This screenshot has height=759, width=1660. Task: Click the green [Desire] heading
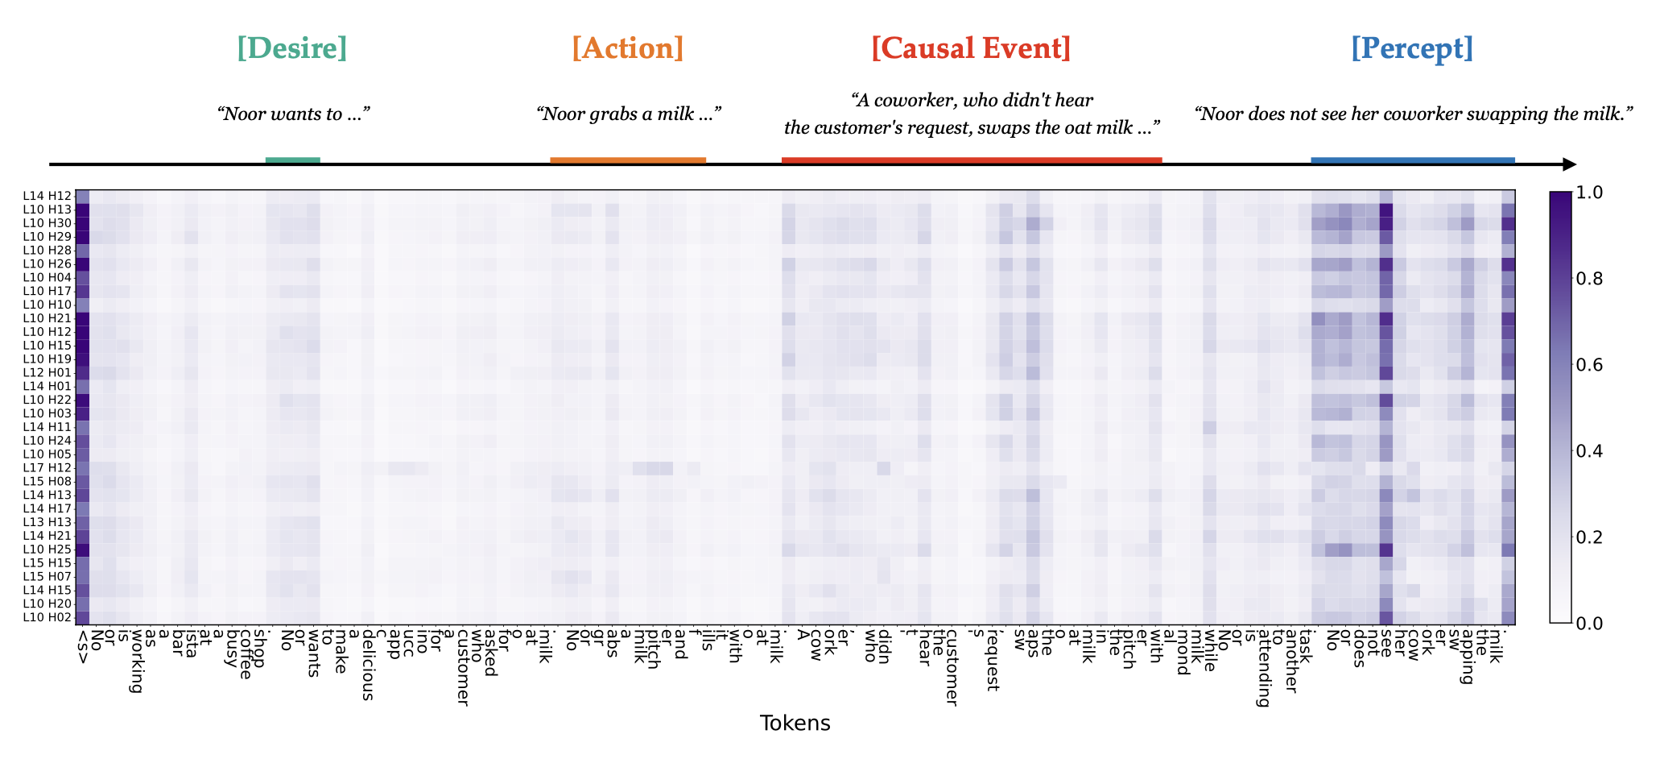tap(292, 48)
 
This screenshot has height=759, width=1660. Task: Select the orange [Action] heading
tap(627, 48)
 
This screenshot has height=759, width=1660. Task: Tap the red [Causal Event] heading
tap(971, 48)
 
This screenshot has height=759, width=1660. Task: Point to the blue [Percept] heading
tap(1412, 48)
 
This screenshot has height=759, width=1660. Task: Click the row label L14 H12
tap(47, 195)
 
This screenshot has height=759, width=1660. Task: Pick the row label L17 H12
tap(47, 467)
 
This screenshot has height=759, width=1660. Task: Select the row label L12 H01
tap(47, 372)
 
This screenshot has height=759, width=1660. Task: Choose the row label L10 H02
tap(47, 617)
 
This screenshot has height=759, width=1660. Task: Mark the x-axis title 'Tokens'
tap(795, 723)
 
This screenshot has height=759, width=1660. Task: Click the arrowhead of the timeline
tap(1569, 164)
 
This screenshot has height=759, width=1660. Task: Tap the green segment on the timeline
tap(292, 160)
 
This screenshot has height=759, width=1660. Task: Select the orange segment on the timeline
tap(628, 160)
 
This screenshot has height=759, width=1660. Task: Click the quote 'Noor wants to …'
tap(293, 114)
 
